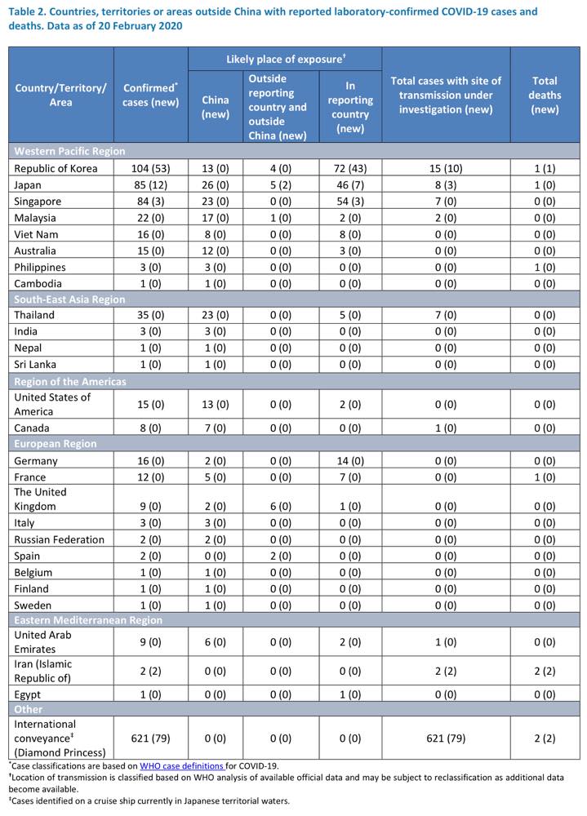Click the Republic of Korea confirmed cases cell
tap(150, 168)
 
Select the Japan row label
tap(28, 184)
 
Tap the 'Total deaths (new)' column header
tap(545, 95)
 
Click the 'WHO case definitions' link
tap(181, 766)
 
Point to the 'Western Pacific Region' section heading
tap(69, 151)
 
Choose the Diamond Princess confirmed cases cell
tap(150, 738)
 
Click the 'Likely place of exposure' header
tap(286, 59)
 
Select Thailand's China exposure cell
tap(215, 315)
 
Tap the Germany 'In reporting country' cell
tap(350, 460)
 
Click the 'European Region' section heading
tap(56, 443)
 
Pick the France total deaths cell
tap(545, 477)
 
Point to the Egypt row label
tap(27, 694)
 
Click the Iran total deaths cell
tap(545, 671)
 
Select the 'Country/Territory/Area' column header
tap(60, 95)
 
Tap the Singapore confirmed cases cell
tap(150, 202)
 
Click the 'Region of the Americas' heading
tap(69, 381)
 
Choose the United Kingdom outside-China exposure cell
tap(281, 507)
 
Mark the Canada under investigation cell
tap(446, 428)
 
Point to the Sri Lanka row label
tap(35, 364)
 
